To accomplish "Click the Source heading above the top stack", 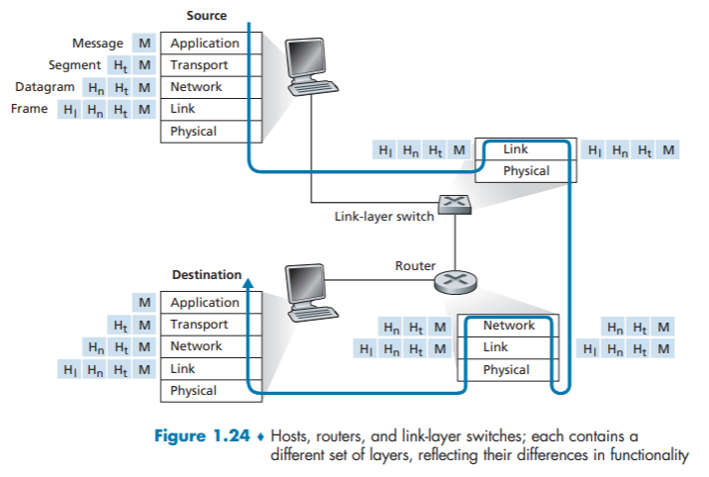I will (x=206, y=16).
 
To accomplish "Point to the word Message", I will (x=97, y=44).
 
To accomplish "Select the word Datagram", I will (x=46, y=87).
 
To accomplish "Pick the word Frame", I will (x=29, y=109).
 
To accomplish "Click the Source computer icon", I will (x=315, y=65).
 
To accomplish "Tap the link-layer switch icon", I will (x=456, y=205).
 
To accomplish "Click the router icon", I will (x=455, y=282).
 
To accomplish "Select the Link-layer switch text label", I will (x=384, y=217).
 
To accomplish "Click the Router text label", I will (x=415, y=266).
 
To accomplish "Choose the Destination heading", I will (x=206, y=274).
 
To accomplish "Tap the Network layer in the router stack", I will (x=508, y=326).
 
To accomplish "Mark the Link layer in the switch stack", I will (x=515, y=149).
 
